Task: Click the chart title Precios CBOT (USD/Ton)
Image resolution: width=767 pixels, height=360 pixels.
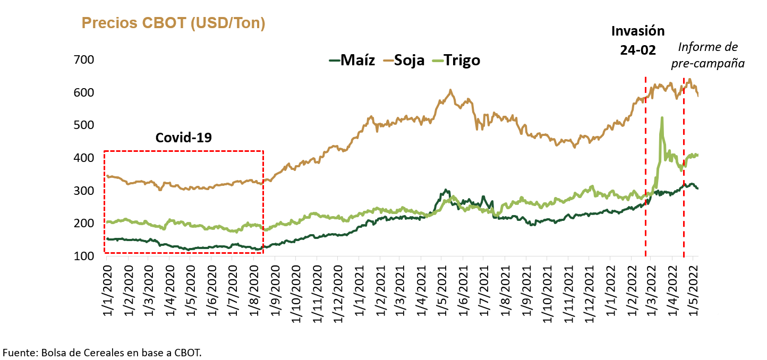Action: (x=173, y=23)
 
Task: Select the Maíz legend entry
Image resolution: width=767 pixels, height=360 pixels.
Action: (x=352, y=60)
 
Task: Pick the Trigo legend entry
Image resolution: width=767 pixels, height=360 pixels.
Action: (x=456, y=60)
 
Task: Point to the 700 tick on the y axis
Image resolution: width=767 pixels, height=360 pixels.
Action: (x=83, y=60)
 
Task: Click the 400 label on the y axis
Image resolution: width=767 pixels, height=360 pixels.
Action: (x=83, y=158)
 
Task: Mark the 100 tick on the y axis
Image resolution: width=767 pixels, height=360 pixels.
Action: (x=83, y=256)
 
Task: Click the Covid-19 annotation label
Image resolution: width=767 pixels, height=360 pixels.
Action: (x=184, y=138)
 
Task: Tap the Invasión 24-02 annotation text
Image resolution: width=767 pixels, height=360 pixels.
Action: (x=638, y=40)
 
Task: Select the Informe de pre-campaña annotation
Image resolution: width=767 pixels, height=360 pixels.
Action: (x=708, y=55)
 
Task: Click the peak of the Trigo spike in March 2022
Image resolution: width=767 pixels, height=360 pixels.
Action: (x=662, y=118)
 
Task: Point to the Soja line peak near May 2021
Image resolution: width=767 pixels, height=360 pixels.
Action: (x=450, y=90)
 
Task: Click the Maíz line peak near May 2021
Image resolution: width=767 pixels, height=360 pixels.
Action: (x=446, y=190)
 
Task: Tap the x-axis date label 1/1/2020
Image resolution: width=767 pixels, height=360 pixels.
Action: (x=107, y=290)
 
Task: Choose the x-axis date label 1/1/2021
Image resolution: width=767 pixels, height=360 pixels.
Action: (x=359, y=290)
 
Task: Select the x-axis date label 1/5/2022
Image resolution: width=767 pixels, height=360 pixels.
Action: (x=693, y=290)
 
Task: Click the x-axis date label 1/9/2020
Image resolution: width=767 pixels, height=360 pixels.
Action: (x=275, y=290)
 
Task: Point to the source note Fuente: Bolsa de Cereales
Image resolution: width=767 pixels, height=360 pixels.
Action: (x=102, y=353)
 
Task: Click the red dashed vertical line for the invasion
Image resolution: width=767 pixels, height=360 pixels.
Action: (x=645, y=167)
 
